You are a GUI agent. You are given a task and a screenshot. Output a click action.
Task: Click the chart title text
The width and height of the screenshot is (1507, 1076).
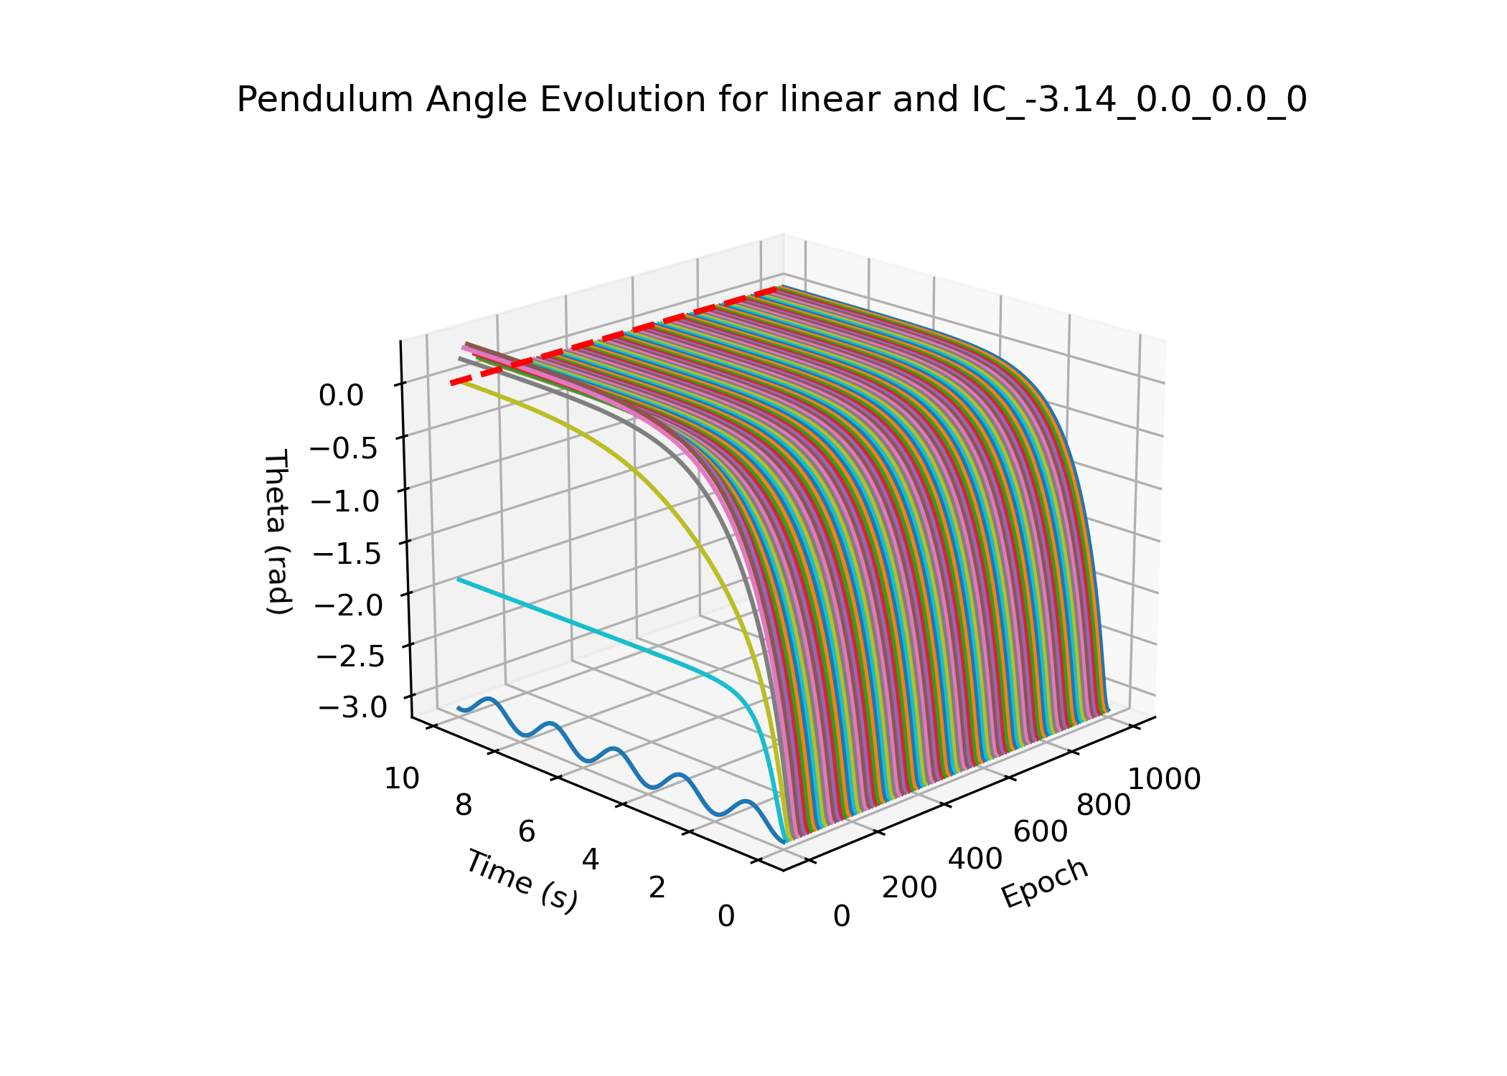click(771, 100)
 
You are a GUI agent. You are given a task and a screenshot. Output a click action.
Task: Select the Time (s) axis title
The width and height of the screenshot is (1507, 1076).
click(522, 881)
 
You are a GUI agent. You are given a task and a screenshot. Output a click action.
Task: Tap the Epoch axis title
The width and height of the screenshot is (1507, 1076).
click(1045, 883)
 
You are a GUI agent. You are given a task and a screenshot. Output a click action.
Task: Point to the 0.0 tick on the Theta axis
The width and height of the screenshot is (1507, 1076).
click(341, 395)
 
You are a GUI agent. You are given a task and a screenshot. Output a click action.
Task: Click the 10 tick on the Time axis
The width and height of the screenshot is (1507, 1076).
click(402, 778)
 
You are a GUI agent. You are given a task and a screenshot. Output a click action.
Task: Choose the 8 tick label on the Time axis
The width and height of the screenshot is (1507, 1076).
click(464, 806)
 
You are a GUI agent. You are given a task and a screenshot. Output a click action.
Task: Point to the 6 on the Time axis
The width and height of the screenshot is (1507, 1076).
click(527, 832)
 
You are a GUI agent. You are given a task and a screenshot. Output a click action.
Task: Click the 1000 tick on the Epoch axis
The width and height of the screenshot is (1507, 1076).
click(1164, 779)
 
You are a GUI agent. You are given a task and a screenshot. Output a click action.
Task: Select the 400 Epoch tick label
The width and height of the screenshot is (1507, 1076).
click(975, 859)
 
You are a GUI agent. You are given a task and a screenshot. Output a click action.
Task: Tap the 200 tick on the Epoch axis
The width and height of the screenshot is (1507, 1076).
click(909, 888)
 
